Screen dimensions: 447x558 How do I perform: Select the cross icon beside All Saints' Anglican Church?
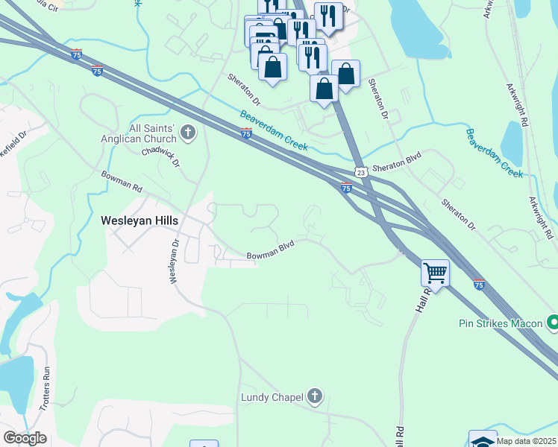188,134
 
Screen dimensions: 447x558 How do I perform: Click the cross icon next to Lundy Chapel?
315,396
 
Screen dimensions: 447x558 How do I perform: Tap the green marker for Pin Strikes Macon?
553,323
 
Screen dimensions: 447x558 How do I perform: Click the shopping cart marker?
435,273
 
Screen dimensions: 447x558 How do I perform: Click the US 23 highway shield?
360,171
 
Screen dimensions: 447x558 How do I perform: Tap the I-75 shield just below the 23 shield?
346,187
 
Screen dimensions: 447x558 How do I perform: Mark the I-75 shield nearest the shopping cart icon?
479,284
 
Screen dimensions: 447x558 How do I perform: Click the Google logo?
25,438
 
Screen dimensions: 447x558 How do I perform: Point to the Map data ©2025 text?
526,441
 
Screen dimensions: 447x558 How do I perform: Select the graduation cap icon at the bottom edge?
483,441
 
